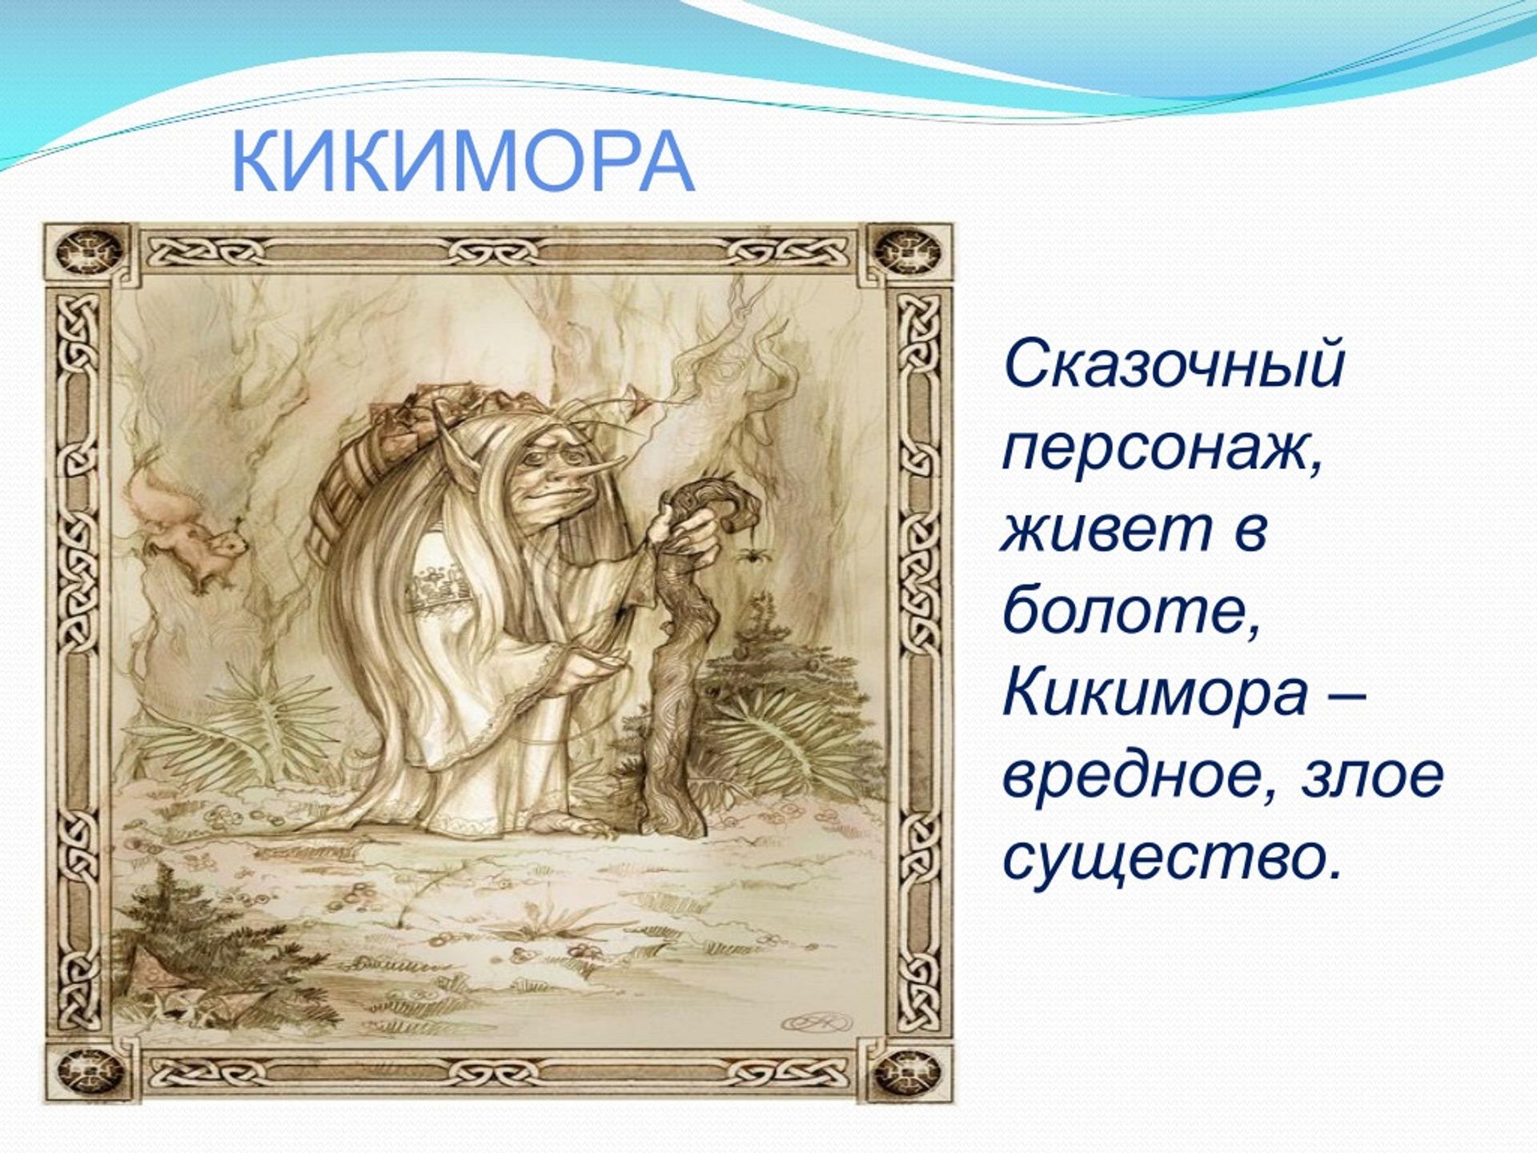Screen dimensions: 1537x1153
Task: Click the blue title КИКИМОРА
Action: [462, 162]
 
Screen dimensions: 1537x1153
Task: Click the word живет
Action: [1106, 529]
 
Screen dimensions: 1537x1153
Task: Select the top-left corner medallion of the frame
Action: [89, 251]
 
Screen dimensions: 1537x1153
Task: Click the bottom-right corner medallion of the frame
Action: [905, 1070]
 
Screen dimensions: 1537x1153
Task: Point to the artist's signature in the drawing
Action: [817, 1022]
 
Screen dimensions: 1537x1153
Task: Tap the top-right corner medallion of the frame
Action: [905, 251]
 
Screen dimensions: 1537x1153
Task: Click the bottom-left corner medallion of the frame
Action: [89, 1070]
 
